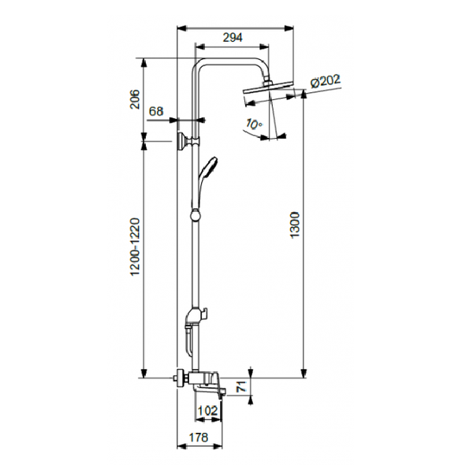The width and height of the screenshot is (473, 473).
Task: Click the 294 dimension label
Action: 233,37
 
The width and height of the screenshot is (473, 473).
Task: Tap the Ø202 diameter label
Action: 326,81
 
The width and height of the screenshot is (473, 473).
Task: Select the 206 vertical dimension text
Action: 135,99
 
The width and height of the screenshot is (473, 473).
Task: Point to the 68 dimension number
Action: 157,111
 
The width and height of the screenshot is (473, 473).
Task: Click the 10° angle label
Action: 254,124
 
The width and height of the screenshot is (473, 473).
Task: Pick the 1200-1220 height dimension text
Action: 135,247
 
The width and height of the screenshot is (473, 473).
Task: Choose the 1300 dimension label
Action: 294,225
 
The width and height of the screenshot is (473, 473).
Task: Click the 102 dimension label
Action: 208,411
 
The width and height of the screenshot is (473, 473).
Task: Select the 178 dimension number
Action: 199,437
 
